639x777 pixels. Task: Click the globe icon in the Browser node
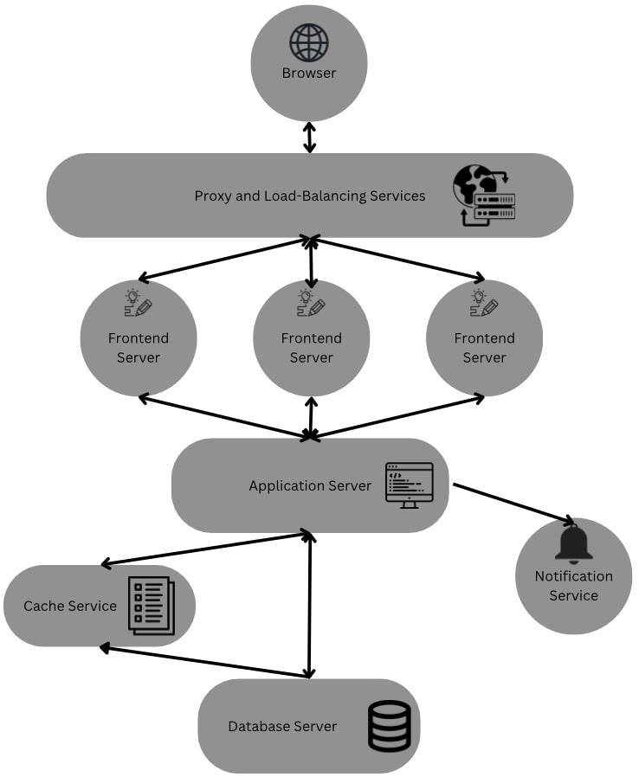click(309, 42)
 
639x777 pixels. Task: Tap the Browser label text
click(309, 73)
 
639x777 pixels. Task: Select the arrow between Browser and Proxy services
click(309, 138)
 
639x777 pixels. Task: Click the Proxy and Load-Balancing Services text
click(310, 196)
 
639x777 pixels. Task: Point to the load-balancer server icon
click(484, 196)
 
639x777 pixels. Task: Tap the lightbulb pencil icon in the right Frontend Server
click(483, 302)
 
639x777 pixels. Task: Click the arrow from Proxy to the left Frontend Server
click(223, 259)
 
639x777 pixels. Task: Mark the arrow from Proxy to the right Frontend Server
click(398, 259)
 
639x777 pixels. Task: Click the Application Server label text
click(310, 485)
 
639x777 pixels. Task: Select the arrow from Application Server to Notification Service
click(513, 504)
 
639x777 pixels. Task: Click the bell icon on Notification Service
click(573, 543)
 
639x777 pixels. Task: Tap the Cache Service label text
click(70, 606)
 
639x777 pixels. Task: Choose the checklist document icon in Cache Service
click(151, 605)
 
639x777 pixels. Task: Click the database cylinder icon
click(390, 726)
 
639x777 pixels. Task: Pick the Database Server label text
click(282, 726)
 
